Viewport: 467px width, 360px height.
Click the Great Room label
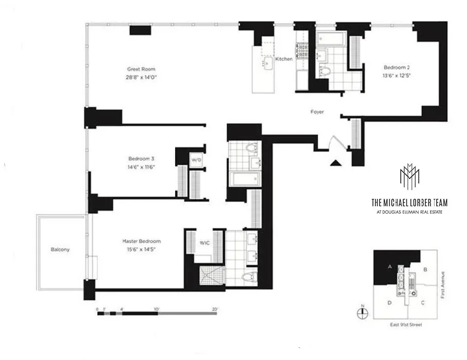click(x=142, y=69)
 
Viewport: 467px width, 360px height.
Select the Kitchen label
click(x=284, y=59)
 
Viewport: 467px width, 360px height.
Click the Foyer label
click(x=317, y=112)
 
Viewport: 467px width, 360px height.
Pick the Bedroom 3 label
click(x=142, y=159)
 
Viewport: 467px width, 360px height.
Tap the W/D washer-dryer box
click(x=196, y=159)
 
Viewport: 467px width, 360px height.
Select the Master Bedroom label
click(x=142, y=241)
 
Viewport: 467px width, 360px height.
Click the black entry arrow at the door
click(x=336, y=163)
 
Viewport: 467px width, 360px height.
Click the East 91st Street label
click(x=406, y=326)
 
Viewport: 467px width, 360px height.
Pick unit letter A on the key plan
click(x=390, y=266)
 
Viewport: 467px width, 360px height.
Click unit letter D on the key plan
click(x=390, y=303)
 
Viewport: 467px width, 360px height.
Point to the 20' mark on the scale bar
click(x=215, y=308)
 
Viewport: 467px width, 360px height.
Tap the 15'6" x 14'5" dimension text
click(x=142, y=249)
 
